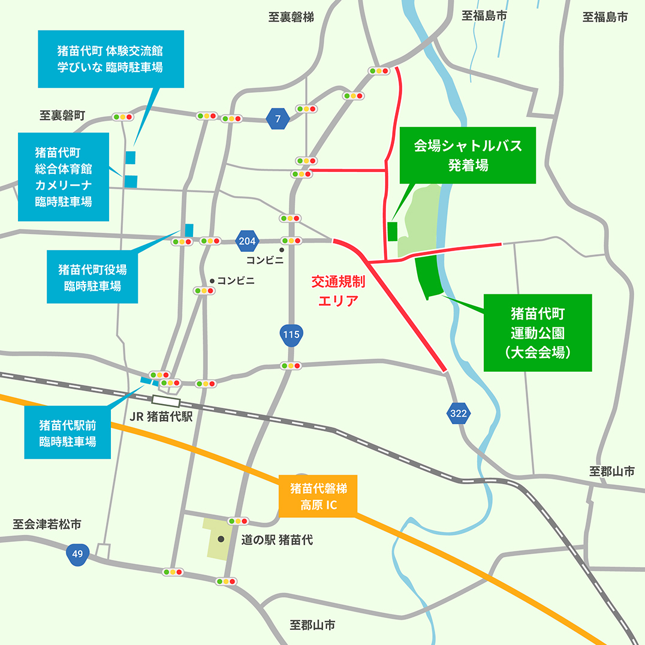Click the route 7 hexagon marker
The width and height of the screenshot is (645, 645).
[x=278, y=119]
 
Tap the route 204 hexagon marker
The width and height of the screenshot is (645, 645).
[x=248, y=241]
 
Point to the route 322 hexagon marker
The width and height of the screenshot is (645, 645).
[x=459, y=413]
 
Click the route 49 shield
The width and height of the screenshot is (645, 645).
[x=77, y=554]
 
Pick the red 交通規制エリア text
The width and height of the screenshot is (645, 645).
[x=338, y=290]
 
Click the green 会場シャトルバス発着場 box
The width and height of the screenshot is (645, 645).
[x=468, y=155]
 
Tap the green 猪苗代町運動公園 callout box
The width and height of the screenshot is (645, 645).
[x=538, y=333]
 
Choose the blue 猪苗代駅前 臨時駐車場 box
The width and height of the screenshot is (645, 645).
[x=68, y=433]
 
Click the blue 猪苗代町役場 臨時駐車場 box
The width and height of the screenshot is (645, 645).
[x=92, y=277]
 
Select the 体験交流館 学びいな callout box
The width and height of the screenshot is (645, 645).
[x=110, y=59]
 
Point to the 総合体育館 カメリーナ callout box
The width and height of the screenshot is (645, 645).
[x=63, y=176]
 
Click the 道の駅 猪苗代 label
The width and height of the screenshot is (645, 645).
[x=276, y=540]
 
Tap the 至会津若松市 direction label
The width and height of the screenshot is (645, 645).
[x=47, y=525]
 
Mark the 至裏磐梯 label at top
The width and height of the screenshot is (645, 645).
[x=291, y=17]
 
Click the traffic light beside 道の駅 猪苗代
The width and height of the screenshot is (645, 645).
[x=239, y=521]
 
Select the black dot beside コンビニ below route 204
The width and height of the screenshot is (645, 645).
[x=281, y=250]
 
